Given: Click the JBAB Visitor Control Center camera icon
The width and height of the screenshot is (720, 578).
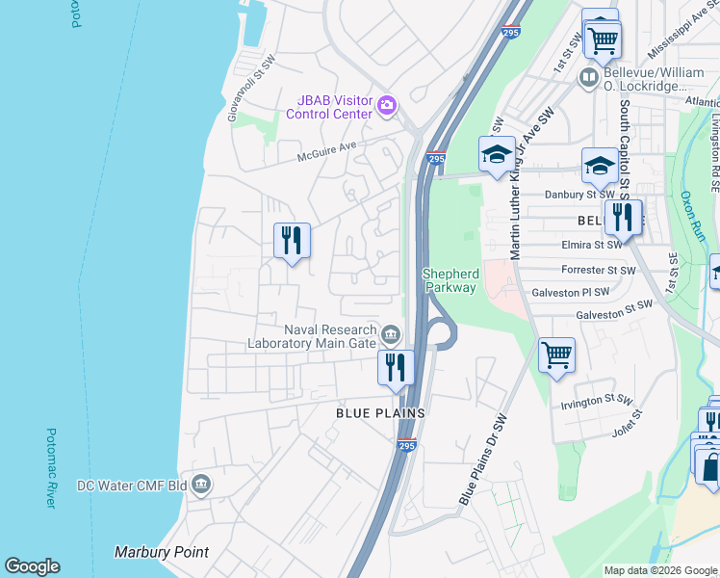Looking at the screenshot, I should (x=387, y=104).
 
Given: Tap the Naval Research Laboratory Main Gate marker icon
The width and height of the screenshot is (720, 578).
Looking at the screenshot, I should (x=390, y=334).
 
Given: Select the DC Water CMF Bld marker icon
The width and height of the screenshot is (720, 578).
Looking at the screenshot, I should (x=201, y=484).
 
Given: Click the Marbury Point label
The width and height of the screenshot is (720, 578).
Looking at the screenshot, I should (x=161, y=553).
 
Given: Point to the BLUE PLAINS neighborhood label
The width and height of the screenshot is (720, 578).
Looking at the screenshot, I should (x=380, y=412).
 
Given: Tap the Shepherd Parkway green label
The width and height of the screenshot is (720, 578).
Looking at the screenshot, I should (x=450, y=280).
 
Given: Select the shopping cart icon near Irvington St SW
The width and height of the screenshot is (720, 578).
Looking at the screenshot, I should (x=556, y=355).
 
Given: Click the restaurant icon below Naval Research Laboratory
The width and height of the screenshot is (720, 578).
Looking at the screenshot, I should (x=395, y=367).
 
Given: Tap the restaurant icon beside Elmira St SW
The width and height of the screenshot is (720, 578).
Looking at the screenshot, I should (x=623, y=218).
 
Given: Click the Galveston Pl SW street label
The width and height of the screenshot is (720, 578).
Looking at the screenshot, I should (x=575, y=292).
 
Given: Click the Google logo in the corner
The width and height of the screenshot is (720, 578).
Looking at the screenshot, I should (x=32, y=566).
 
